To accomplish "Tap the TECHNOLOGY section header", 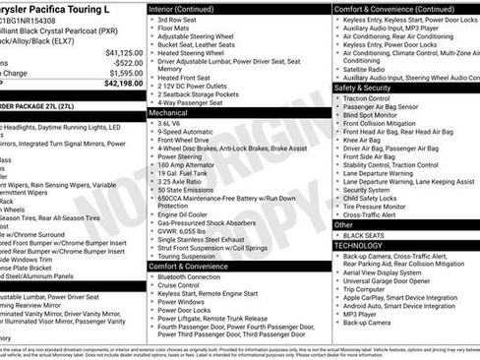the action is [x=364, y=246].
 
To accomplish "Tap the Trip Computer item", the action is [x=372, y=288].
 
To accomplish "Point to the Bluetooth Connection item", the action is [x=196, y=277].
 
